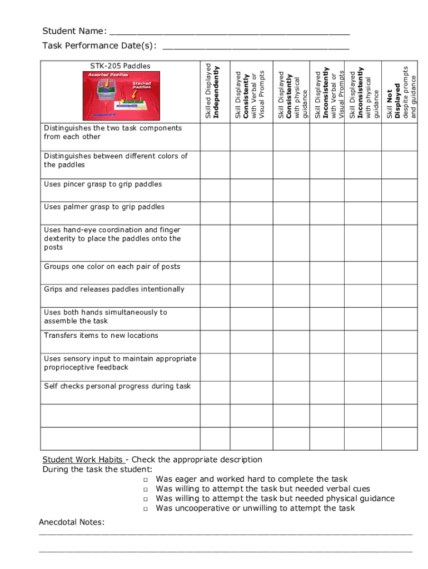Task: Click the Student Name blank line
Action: pyautogui.click(x=229, y=31)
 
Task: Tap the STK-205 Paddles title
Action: pyautogui.click(x=120, y=66)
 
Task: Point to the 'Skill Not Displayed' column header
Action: pyautogui.click(x=401, y=92)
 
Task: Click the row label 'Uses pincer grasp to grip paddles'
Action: pyautogui.click(x=103, y=184)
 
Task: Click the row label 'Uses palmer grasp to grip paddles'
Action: pyautogui.click(x=104, y=207)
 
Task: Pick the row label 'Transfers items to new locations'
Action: pyautogui.click(x=101, y=336)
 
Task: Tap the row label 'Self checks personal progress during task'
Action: pyautogui.click(x=117, y=386)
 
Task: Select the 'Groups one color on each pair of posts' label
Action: pyautogui.click(x=112, y=267)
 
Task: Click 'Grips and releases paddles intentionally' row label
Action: pyautogui.click(x=114, y=290)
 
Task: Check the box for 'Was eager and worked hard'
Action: pyautogui.click(x=145, y=480)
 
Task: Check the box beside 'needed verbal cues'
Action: pyautogui.click(x=145, y=490)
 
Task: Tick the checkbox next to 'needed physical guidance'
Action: pyautogui.click(x=145, y=499)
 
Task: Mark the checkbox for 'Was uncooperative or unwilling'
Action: pyautogui.click(x=145, y=509)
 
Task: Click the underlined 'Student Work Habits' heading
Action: pyautogui.click(x=83, y=460)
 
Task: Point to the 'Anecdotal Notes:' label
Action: pyautogui.click(x=72, y=522)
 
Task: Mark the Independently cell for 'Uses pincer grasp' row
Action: pyautogui.click(x=214, y=190)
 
